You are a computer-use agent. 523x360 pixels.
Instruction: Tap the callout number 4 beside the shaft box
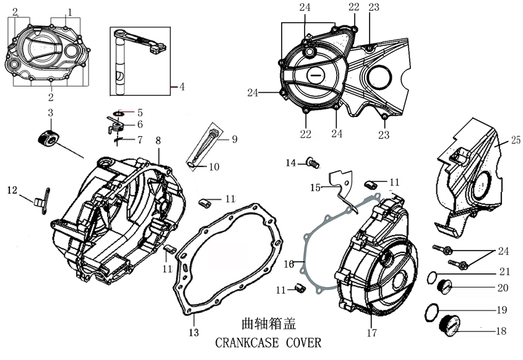coord(182,87)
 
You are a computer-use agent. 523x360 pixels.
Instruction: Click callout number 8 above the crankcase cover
coord(158,140)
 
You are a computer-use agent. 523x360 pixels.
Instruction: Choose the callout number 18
coord(501,331)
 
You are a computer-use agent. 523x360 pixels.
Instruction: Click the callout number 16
coord(288,264)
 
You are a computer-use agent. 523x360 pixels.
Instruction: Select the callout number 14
coord(290,163)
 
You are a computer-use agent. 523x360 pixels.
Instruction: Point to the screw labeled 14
coord(312,163)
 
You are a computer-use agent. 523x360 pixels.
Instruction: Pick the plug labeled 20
coord(444,286)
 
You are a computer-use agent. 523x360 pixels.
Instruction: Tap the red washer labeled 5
coord(119,113)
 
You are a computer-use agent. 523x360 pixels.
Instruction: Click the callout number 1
coord(70,12)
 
